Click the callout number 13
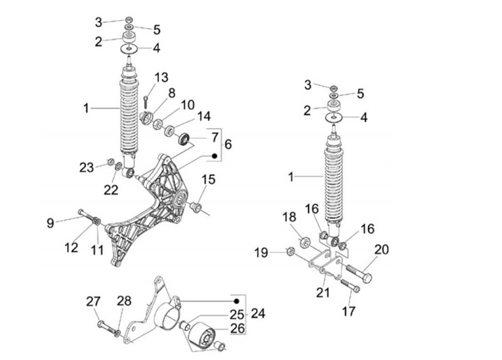(161, 77)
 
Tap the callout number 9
(50, 223)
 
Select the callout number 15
(208, 180)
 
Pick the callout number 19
(259, 252)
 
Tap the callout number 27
(93, 301)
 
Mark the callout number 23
(86, 167)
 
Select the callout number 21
(322, 292)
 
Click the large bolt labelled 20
(358, 269)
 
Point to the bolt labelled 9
(81, 213)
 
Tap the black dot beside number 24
(236, 300)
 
